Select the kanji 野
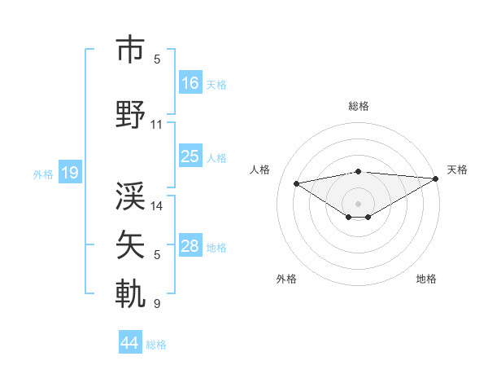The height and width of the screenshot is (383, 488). tap(131, 115)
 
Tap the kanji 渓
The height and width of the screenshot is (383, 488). tap(131, 196)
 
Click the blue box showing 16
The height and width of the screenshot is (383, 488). tap(190, 83)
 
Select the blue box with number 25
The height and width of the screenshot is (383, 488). tap(190, 157)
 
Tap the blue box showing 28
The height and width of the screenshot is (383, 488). tap(190, 247)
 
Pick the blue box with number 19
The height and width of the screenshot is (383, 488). tap(69, 173)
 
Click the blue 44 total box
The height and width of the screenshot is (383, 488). tap(130, 344)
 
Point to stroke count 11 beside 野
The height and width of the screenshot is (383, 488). tap(157, 125)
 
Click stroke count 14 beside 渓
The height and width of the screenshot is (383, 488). tap(157, 206)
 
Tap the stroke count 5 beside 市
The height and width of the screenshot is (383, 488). tap(157, 59)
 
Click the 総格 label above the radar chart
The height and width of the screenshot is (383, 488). tap(358, 106)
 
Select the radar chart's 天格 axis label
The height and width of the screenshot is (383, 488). tap(457, 169)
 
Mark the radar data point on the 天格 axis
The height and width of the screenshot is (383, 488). tap(436, 178)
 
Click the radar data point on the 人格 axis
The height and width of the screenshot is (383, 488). tap(297, 183)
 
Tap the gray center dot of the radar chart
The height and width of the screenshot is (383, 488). tap(358, 203)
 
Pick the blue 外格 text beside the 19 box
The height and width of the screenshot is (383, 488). tap(43, 174)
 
